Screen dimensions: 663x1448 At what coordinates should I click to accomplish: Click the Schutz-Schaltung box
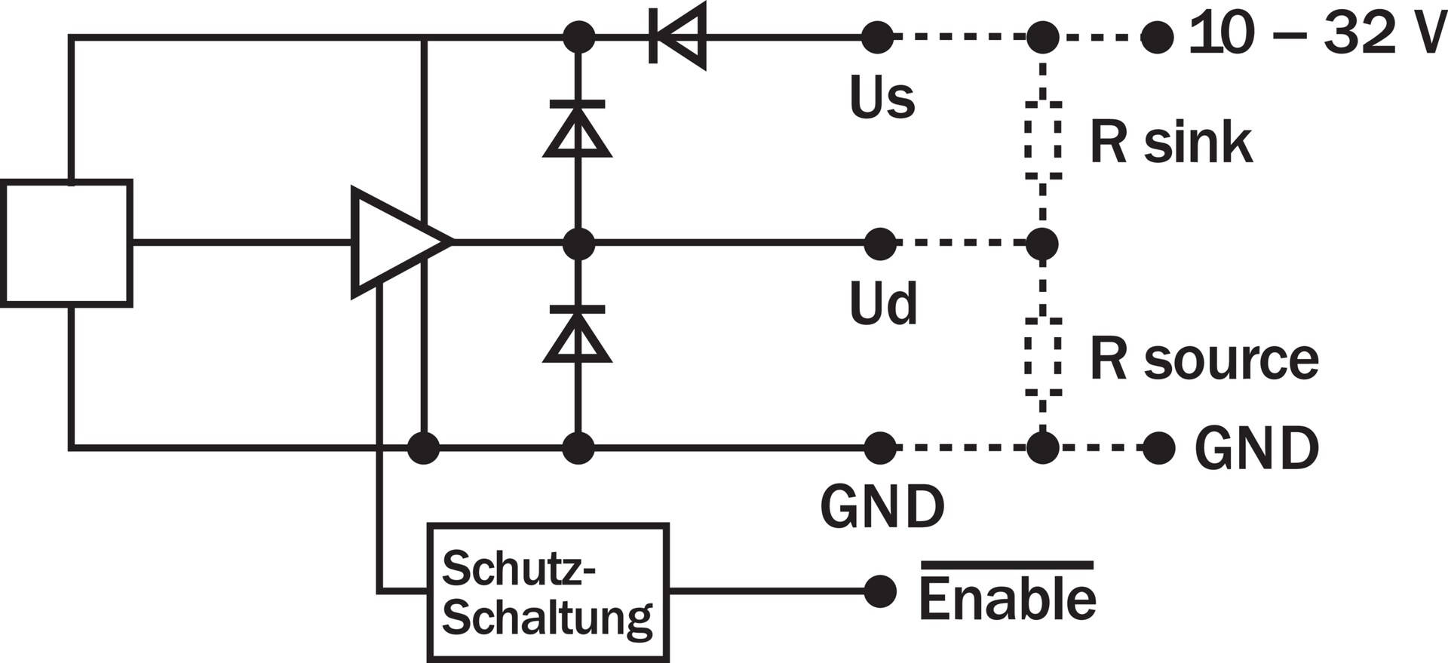coord(548,592)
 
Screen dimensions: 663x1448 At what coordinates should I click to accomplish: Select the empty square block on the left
coord(67,243)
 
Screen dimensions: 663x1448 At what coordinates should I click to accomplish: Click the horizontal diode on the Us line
coord(677,36)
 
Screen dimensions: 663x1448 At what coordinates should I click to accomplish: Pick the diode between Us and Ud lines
coord(578,130)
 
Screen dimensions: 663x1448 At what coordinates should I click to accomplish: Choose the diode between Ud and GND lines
coord(578,335)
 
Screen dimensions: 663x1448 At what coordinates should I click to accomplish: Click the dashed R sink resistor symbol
coord(1043,141)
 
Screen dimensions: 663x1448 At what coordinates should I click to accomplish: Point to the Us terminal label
coord(882,99)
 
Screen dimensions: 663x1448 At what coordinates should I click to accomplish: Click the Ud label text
coord(883,304)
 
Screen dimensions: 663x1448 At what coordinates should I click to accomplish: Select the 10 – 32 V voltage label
coord(1316,35)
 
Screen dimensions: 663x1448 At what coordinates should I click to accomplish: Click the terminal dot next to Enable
coord(879,591)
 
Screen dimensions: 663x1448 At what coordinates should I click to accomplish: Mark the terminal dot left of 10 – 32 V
coord(1157,36)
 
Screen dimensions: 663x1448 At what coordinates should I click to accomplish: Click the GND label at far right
coord(1256,448)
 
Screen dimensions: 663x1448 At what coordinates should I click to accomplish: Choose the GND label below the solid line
coord(882,507)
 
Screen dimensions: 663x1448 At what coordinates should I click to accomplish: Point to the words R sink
coord(1170,143)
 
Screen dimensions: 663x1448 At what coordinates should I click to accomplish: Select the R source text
coord(1204,359)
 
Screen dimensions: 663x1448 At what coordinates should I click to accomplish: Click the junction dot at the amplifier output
coord(578,244)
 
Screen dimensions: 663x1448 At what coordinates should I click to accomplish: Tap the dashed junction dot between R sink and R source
coord(1043,244)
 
